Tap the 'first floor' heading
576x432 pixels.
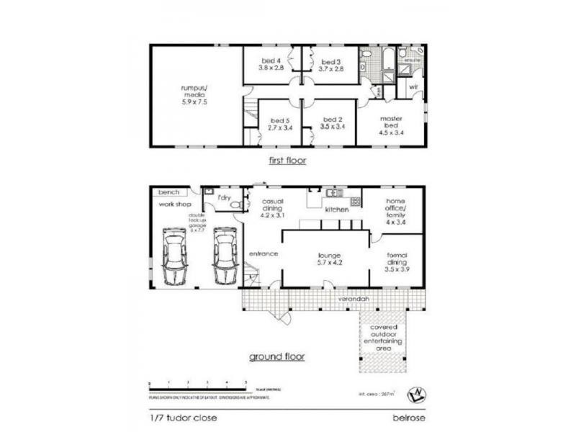click(x=287, y=161)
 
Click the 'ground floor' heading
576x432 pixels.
click(x=277, y=356)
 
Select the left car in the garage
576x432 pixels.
click(x=175, y=256)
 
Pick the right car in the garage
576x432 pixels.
click(x=224, y=256)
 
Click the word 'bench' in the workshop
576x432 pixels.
click(x=168, y=192)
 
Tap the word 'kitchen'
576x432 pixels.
click(x=337, y=210)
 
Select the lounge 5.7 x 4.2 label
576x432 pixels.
click(x=333, y=260)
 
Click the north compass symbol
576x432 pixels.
click(x=414, y=393)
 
